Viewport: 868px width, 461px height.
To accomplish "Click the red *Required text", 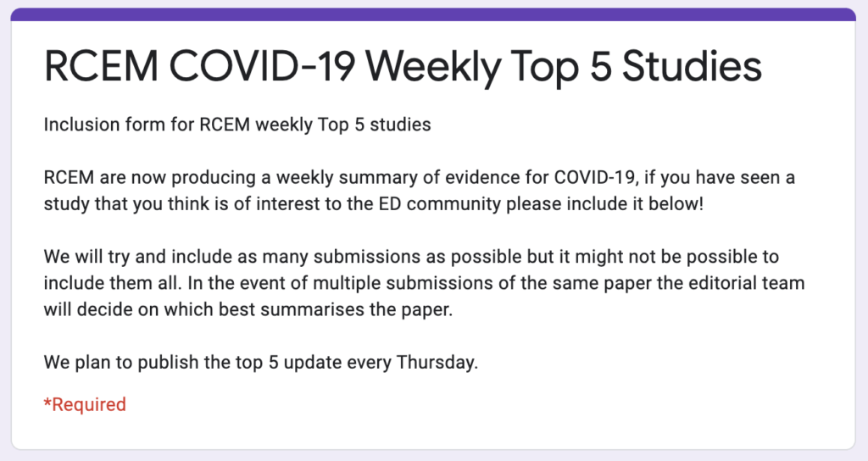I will [x=85, y=404].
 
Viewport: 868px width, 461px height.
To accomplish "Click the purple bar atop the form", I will [x=434, y=14].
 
